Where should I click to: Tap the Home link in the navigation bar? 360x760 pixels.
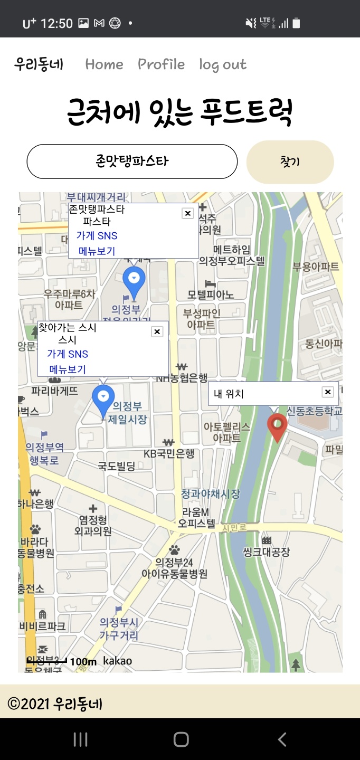pyautogui.click(x=104, y=64)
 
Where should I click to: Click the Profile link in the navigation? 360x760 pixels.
pyautogui.click(x=161, y=64)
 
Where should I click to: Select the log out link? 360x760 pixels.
pyautogui.click(x=223, y=65)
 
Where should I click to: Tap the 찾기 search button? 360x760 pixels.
pyautogui.click(x=290, y=162)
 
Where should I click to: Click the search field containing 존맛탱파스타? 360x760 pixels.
pyautogui.click(x=132, y=161)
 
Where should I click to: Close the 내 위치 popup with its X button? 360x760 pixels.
pyautogui.click(x=328, y=392)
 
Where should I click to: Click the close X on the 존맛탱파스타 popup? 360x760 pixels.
pyautogui.click(x=187, y=213)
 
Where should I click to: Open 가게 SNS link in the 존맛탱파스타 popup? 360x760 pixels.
pyautogui.click(x=97, y=236)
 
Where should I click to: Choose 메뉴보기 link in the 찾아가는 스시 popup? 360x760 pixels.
pyautogui.click(x=68, y=369)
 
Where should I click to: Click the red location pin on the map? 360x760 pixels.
pyautogui.click(x=278, y=426)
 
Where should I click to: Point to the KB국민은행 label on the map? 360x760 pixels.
pyautogui.click(x=169, y=454)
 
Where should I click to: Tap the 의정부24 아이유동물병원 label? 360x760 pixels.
pyautogui.click(x=174, y=568)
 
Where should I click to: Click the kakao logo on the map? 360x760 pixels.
pyautogui.click(x=117, y=661)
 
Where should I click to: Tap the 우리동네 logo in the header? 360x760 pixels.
pyautogui.click(x=39, y=64)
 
